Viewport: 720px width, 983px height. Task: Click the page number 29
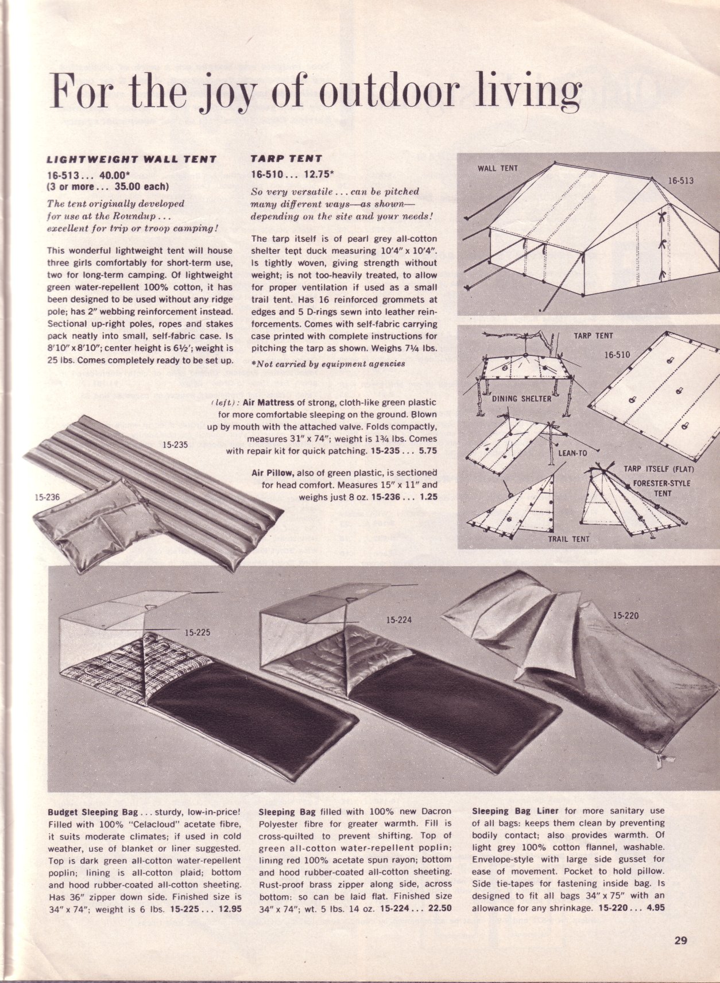680,941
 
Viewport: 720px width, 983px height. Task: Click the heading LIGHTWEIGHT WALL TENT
131,159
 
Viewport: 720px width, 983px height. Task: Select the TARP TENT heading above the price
287,158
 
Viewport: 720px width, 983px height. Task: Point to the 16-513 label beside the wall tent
680,181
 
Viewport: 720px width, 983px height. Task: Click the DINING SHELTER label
521,398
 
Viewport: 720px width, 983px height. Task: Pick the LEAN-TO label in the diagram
572,453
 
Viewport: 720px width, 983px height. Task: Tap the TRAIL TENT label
568,539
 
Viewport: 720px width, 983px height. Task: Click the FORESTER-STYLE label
661,483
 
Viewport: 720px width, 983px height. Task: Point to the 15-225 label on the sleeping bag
197,633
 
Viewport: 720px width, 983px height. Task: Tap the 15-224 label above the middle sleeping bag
398,620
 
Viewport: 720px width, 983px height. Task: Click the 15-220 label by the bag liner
625,616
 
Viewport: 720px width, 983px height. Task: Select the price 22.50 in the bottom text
440,908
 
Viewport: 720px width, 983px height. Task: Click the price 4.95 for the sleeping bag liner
655,908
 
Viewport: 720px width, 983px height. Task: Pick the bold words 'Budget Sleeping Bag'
93,812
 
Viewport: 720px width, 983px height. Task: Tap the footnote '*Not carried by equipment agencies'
328,363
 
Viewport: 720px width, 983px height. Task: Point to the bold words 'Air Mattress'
268,403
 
